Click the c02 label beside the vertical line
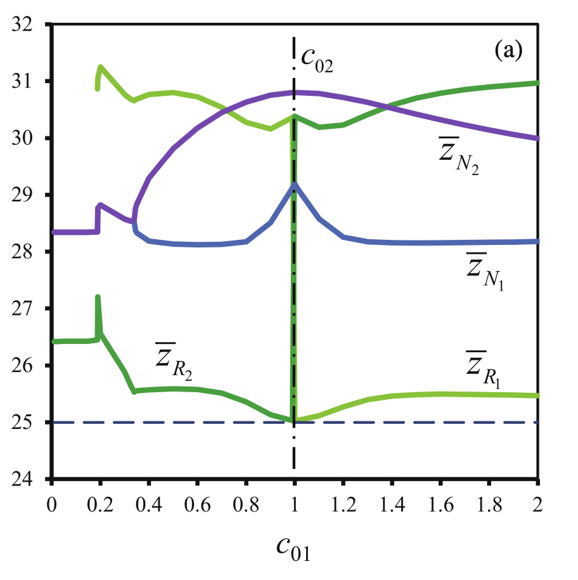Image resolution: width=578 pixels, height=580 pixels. pyautogui.click(x=317, y=61)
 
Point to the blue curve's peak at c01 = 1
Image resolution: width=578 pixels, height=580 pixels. pyautogui.click(x=295, y=184)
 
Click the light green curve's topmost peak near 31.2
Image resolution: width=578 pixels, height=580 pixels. pyautogui.click(x=100, y=66)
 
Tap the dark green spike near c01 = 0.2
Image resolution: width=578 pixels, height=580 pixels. pyautogui.click(x=98, y=297)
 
